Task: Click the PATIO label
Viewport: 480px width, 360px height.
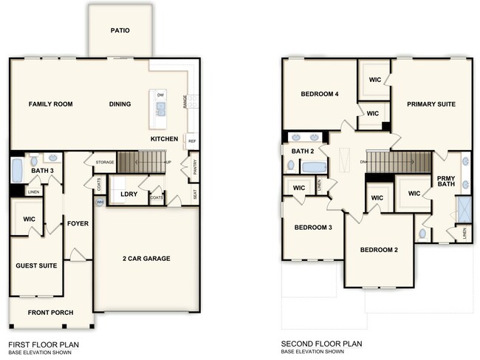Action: point(120,31)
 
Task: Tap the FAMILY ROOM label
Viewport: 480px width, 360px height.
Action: point(50,104)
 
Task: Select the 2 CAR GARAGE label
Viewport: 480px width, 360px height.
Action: point(146,259)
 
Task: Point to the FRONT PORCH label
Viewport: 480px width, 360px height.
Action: point(50,313)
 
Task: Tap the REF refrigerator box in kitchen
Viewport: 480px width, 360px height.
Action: point(191,141)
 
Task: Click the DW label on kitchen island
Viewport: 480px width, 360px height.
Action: point(160,95)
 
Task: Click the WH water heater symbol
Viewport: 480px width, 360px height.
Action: point(100,203)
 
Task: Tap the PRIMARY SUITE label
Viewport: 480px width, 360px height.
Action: point(431,104)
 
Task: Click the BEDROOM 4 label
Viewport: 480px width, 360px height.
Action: point(320,95)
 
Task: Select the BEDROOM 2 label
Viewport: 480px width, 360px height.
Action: point(379,250)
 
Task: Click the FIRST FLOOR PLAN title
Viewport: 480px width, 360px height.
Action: point(43,344)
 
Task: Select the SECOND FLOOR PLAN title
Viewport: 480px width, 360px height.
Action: point(321,344)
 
